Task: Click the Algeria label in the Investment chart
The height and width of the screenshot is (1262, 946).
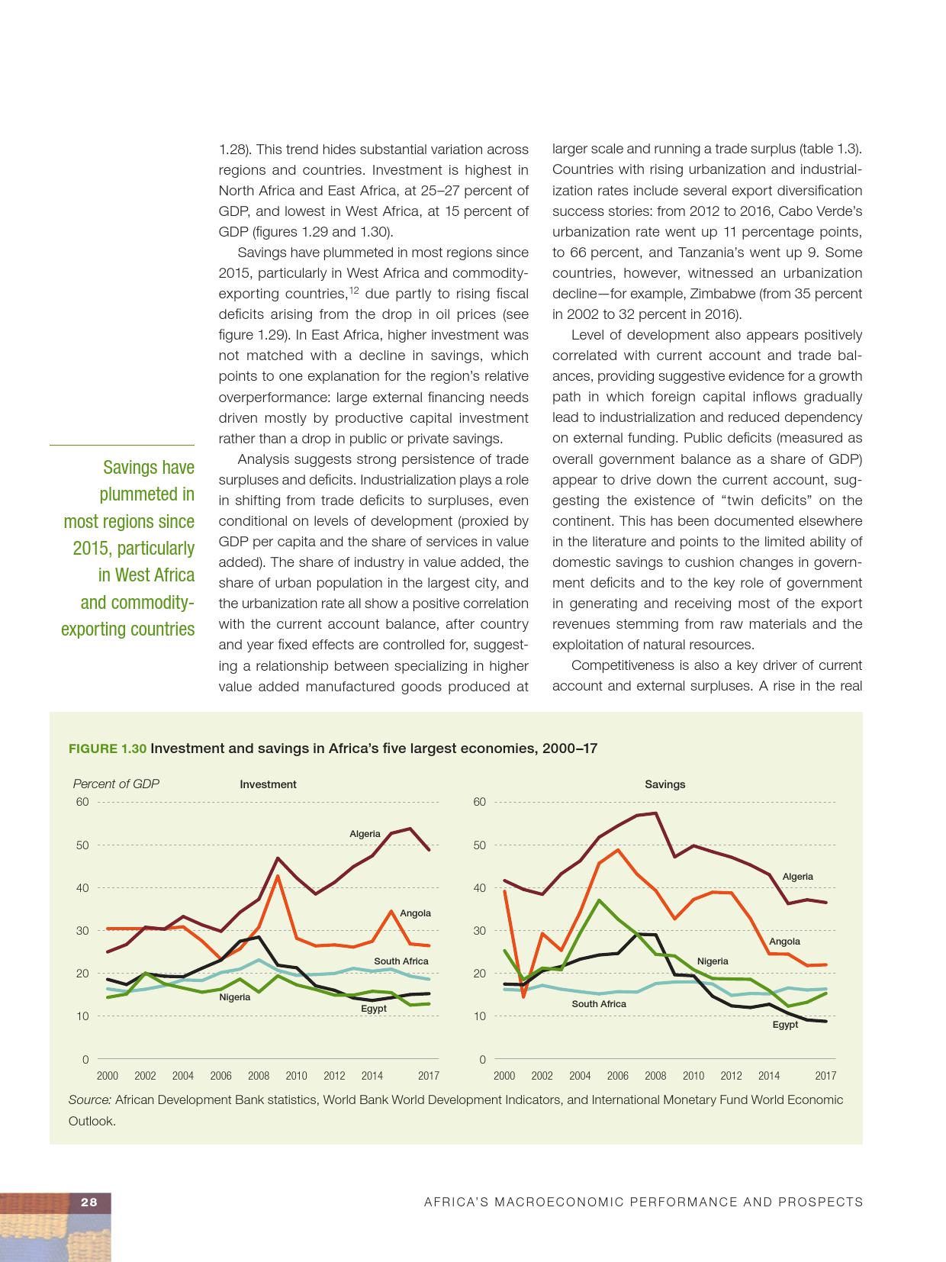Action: pos(365,834)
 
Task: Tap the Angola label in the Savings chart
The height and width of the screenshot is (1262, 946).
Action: pos(784,942)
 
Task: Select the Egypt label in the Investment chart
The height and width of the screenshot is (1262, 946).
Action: pos(374,1009)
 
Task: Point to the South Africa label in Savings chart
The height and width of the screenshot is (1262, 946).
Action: pos(599,1004)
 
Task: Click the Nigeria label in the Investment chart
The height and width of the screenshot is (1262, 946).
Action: pos(235,997)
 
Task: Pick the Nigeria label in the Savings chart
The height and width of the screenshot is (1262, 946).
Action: pos(713,961)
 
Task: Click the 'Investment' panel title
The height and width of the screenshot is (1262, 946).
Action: pos(268,784)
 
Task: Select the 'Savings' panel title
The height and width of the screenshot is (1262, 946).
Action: pos(664,784)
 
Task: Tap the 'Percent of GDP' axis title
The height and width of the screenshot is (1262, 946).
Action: pos(116,784)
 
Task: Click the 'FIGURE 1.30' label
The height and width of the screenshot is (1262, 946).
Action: pos(108,749)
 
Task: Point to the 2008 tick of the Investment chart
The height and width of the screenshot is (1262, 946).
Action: pos(259,1076)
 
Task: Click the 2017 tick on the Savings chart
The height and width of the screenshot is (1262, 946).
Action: pos(825,1076)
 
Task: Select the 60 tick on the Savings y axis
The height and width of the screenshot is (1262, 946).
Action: pos(479,802)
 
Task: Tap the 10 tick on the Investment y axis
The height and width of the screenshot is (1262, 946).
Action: pos(82,1016)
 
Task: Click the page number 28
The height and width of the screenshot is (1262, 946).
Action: pos(89,1202)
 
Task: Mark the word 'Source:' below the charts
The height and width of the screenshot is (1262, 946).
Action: pos(90,1100)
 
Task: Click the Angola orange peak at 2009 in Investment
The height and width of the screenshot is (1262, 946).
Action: pos(278,875)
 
